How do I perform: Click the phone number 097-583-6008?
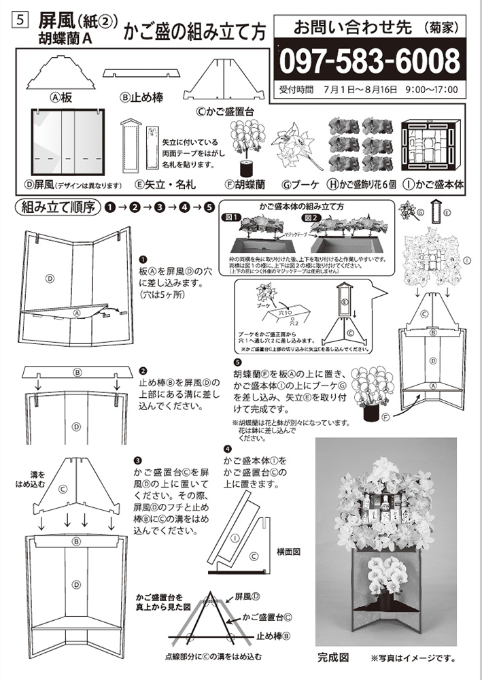coord(370,61)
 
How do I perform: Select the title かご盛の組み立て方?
coord(196,29)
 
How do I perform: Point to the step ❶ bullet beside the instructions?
coord(143,259)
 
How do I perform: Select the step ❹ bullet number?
coord(227,449)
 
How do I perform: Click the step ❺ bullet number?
coord(237,362)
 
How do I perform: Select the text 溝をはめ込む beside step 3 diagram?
coord(27,478)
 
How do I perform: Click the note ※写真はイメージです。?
coord(412,658)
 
